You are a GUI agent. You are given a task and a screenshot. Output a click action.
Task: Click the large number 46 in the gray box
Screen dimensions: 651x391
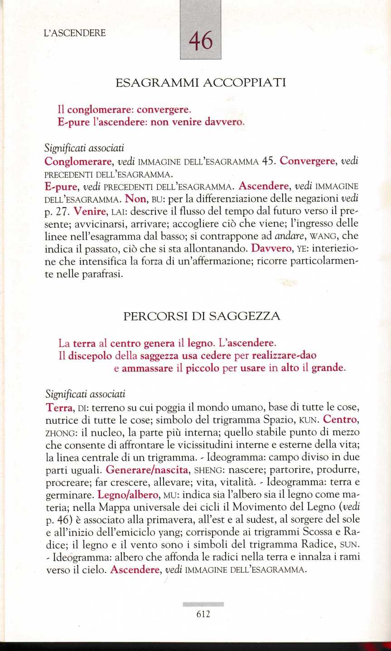tap(200, 42)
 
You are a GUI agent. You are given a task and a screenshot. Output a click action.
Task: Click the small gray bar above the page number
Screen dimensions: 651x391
tap(203, 604)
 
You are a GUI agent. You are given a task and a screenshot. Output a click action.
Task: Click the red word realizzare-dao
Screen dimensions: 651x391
tap(278, 355)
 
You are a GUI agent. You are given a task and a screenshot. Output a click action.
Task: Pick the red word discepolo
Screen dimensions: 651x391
tap(87, 355)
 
